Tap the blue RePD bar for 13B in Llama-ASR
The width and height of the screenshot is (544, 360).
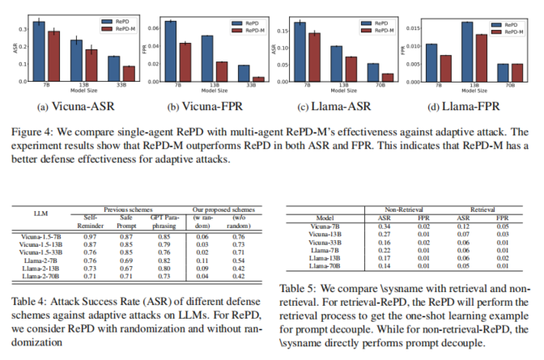pos(335,63)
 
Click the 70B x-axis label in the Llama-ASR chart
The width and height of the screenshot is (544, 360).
pos(372,84)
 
